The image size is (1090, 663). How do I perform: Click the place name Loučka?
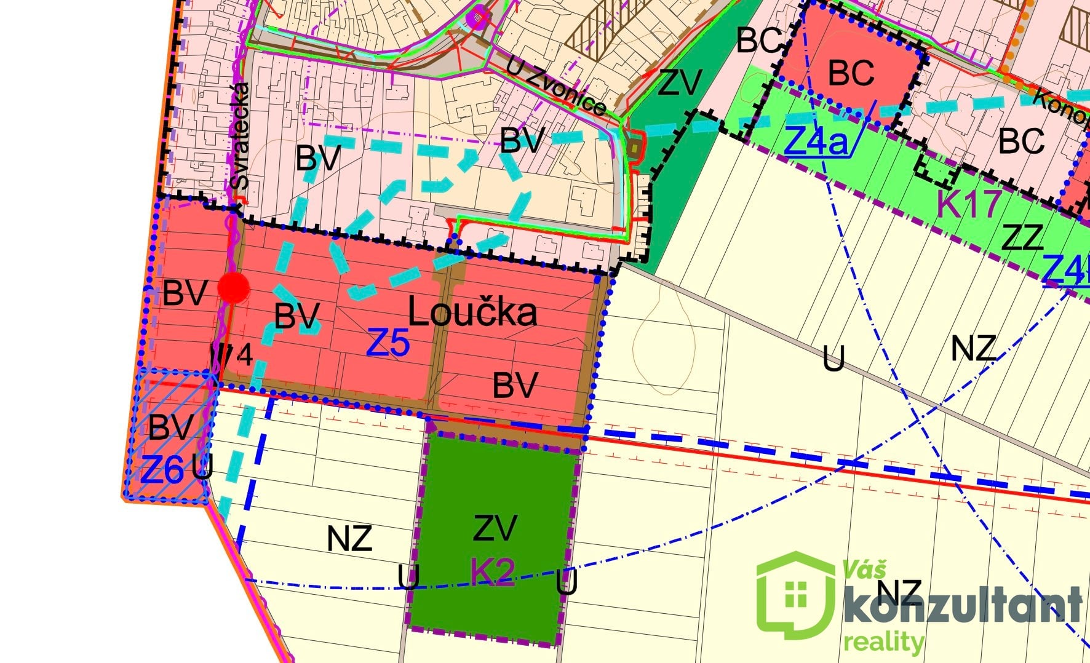tap(472, 312)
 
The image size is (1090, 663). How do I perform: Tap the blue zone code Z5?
tap(388, 343)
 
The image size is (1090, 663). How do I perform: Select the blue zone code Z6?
tap(162, 470)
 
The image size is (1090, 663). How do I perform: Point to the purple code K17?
tap(968, 205)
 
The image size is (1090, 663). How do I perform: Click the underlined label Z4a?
tap(816, 142)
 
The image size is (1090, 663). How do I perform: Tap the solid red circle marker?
tap(234, 287)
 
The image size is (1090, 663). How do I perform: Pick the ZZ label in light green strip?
tap(1022, 238)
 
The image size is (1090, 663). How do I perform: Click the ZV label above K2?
tap(495, 528)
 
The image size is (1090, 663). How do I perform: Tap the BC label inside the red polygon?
tap(851, 73)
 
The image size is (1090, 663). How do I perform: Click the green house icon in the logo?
tap(796, 592)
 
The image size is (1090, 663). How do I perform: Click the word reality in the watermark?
tap(883, 642)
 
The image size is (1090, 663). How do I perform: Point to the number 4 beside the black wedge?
tap(244, 355)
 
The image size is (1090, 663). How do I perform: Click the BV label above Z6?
tap(170, 427)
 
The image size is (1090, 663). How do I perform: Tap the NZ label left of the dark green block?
tap(349, 539)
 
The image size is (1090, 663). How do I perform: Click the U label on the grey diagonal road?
tap(833, 359)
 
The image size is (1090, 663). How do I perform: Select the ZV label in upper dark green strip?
tap(678, 82)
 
